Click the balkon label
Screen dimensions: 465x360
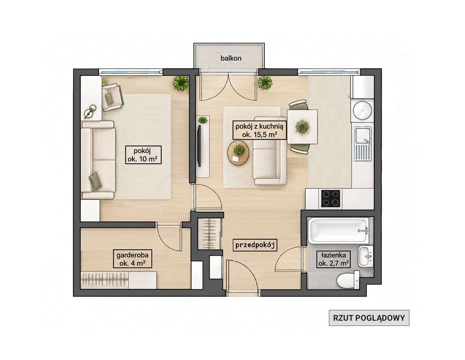(x=231, y=58)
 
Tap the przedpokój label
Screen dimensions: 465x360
(x=255, y=245)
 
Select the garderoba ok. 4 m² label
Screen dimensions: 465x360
(x=133, y=259)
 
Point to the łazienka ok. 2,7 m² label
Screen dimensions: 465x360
(x=334, y=259)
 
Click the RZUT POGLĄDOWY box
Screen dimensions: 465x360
(x=369, y=318)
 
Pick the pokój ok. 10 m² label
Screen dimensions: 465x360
(x=143, y=155)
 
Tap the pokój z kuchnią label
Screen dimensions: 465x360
(x=259, y=127)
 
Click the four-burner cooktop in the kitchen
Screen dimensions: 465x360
(x=331, y=199)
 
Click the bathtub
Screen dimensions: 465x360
(x=339, y=231)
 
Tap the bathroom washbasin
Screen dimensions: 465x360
(x=365, y=256)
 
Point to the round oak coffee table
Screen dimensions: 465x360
(x=238, y=153)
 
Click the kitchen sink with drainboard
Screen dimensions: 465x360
(x=363, y=144)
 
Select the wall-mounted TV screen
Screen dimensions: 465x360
(x=199, y=146)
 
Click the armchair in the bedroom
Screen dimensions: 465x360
(x=112, y=97)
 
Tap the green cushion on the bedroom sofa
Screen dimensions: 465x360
(x=95, y=181)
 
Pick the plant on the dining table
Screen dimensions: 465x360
(x=302, y=127)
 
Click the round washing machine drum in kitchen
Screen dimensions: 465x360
(x=362, y=110)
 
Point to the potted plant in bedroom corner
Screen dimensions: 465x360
(x=181, y=83)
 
